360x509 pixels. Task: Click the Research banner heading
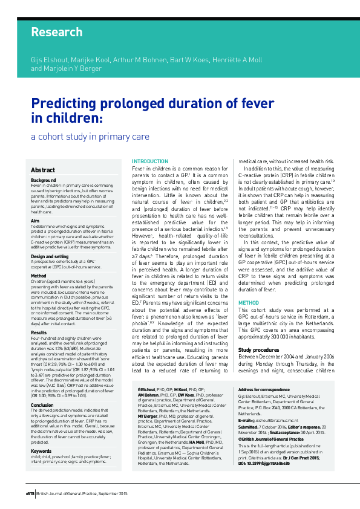coord(56,32)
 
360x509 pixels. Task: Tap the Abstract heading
coord(44,170)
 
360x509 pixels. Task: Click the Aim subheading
coord(35,221)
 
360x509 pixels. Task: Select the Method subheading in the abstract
coord(39,275)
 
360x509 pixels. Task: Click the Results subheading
coord(39,332)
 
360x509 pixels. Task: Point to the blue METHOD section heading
coord(248,302)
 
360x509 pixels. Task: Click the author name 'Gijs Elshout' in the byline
coord(48,62)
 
